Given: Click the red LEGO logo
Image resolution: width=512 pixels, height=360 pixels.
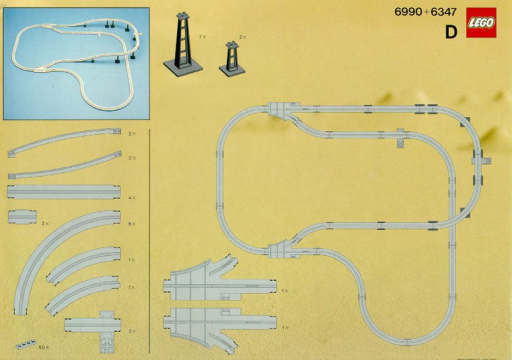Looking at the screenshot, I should pyautogui.click(x=481, y=23).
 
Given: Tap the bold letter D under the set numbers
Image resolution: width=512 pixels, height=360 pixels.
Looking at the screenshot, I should pyautogui.click(x=450, y=32).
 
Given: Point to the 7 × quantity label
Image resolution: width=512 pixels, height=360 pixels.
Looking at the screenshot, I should pyautogui.click(x=203, y=36).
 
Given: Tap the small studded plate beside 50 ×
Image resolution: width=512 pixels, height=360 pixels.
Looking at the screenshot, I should pyautogui.click(x=25, y=344).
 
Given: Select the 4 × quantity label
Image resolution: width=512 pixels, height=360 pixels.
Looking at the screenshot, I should pyautogui.click(x=131, y=198).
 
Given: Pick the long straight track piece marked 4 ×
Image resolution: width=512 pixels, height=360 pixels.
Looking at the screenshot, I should pyautogui.click(x=63, y=192).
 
